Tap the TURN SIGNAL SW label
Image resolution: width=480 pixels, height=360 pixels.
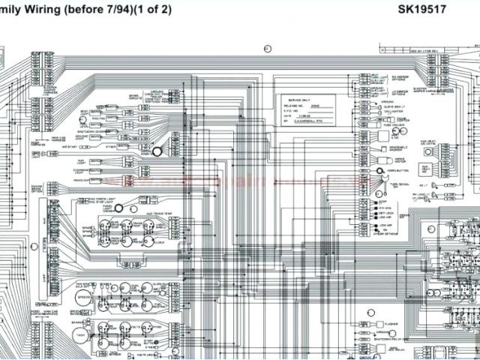tap(394, 184)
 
